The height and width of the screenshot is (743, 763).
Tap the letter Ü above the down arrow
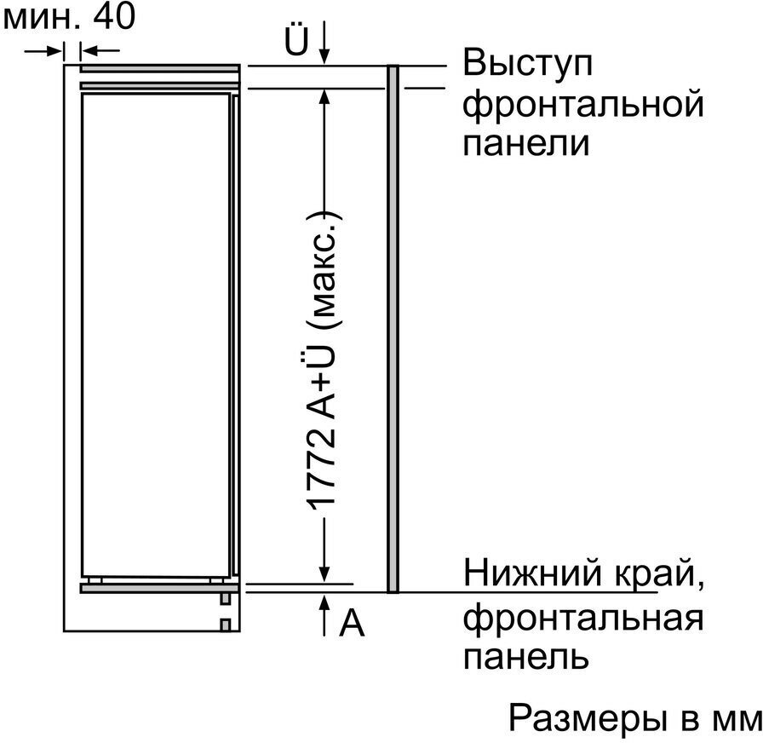coord(296,38)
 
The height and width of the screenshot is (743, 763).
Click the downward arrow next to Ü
coord(324,42)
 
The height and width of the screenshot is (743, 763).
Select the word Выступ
coord(527,65)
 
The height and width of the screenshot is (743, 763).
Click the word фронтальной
coord(583,105)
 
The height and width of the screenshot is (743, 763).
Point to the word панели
coord(526,143)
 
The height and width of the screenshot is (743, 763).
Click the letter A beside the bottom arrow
coord(352,624)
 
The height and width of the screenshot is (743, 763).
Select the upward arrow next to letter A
coord(324,614)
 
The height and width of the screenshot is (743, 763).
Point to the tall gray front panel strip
coord(393,329)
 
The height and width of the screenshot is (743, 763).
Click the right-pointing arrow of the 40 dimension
coord(43,50)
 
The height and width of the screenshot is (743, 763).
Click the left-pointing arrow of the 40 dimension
coord(100,50)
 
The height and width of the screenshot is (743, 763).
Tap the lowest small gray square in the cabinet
coord(225,625)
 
